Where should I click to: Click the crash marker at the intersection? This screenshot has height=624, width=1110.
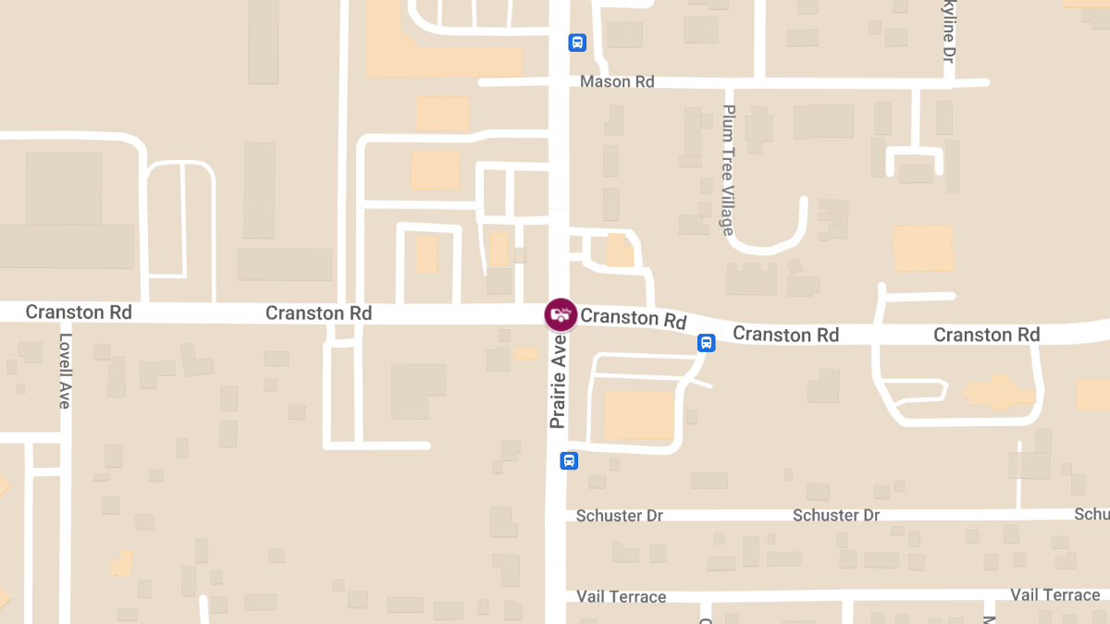[560, 314]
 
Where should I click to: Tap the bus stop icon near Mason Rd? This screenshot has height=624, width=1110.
[577, 43]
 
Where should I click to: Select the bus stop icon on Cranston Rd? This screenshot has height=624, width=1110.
[706, 343]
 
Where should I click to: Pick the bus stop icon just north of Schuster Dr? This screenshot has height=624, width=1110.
[569, 460]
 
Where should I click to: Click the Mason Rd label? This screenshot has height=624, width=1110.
[617, 82]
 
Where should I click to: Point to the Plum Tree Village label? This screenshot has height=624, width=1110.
[729, 171]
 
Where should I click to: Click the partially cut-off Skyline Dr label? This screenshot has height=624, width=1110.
[948, 31]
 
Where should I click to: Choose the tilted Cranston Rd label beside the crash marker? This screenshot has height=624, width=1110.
[634, 319]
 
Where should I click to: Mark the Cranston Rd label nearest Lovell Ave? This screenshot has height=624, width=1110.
[79, 312]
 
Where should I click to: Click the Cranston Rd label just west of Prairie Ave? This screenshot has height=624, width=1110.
[318, 313]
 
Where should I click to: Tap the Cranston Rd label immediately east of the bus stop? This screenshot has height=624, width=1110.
[785, 334]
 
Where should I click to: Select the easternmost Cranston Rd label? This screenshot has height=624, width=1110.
[986, 335]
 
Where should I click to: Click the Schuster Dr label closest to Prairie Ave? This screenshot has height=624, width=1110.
[619, 516]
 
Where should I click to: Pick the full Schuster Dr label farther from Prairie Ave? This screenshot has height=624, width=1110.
[836, 516]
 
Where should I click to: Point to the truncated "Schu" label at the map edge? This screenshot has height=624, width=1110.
[1092, 514]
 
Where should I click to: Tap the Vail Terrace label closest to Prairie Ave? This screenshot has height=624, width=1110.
[621, 597]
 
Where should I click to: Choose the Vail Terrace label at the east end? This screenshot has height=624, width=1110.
[1054, 595]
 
